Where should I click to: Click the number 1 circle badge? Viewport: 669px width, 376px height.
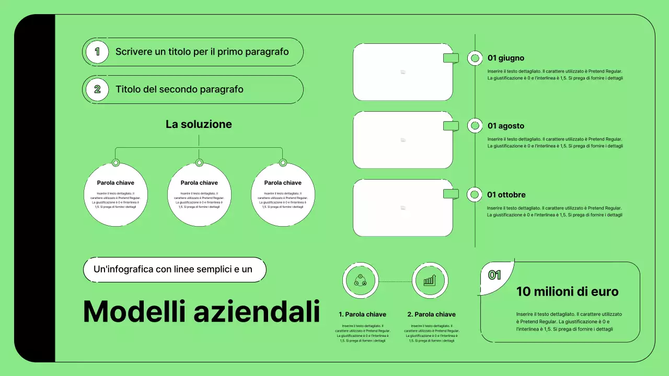pyautogui.click(x=97, y=52)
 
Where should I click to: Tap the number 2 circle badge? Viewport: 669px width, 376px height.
pyautogui.click(x=97, y=89)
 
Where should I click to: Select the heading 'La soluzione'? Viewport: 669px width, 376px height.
pyautogui.click(x=199, y=124)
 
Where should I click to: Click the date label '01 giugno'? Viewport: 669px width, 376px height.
pyautogui.click(x=505, y=58)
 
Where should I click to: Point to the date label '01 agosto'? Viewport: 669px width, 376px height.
pyautogui.click(x=505, y=126)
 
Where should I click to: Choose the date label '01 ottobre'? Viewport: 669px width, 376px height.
pyautogui.click(x=506, y=195)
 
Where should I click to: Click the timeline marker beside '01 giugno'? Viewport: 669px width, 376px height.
pyautogui.click(x=475, y=58)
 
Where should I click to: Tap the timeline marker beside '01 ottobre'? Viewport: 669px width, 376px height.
pyautogui.click(x=474, y=195)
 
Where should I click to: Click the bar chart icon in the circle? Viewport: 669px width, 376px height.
pyautogui.click(x=430, y=280)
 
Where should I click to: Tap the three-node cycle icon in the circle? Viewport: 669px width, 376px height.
pyautogui.click(x=360, y=280)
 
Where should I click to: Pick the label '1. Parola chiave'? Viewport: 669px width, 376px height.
pyautogui.click(x=362, y=314)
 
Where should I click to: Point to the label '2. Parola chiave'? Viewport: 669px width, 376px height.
pyautogui.click(x=431, y=314)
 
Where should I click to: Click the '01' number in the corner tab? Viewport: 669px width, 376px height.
pyautogui.click(x=494, y=275)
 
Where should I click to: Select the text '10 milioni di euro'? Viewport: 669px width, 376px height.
pyautogui.click(x=567, y=292)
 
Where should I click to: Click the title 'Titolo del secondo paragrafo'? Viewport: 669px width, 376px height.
pyautogui.click(x=179, y=89)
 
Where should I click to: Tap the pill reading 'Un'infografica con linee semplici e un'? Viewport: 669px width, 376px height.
pyautogui.click(x=175, y=269)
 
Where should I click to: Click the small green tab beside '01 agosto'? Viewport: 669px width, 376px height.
pyautogui.click(x=451, y=126)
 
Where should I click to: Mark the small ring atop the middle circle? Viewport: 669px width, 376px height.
pyautogui.click(x=199, y=163)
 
